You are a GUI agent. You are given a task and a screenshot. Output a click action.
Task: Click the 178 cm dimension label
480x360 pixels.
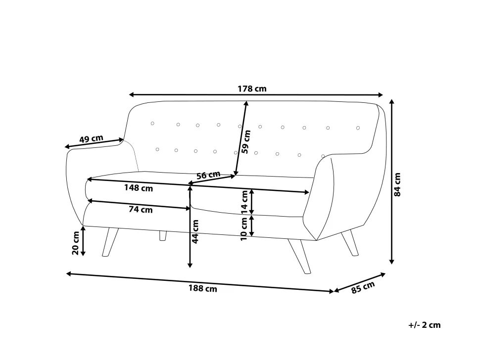click(252, 89)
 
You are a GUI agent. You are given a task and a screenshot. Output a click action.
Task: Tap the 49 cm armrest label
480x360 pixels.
click(91, 138)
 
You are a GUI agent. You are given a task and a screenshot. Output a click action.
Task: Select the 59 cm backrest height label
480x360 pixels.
click(246, 141)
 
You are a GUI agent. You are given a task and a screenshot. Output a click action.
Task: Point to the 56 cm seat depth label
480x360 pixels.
click(208, 175)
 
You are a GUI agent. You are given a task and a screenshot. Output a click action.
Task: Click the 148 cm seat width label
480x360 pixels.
click(139, 188)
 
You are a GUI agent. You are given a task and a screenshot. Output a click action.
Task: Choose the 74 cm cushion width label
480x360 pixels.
click(141, 209)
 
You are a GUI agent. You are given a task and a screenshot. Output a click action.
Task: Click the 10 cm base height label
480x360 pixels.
click(244, 229)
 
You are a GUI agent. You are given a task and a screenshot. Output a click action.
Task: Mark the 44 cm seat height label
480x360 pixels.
click(195, 231)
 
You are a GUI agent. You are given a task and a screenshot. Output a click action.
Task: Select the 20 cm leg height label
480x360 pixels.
click(75, 243)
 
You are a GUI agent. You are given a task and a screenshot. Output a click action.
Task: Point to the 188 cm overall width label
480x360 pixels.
click(203, 288)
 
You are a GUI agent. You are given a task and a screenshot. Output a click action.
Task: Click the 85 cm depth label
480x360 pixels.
click(363, 287)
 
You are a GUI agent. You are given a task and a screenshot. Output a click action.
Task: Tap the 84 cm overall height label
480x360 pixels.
click(397, 184)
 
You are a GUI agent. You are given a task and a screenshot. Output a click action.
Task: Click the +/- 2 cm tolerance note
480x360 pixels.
click(424, 325)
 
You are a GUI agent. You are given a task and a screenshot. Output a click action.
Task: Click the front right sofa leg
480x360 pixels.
click(299, 256)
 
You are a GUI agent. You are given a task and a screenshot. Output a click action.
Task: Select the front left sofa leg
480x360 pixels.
click(110, 242)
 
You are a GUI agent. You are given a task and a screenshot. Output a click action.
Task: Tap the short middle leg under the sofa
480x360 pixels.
click(163, 235)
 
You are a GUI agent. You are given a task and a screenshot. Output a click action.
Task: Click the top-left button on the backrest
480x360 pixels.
click(152, 123)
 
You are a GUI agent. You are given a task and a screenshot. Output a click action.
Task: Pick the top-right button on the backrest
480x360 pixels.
click(358, 128)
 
